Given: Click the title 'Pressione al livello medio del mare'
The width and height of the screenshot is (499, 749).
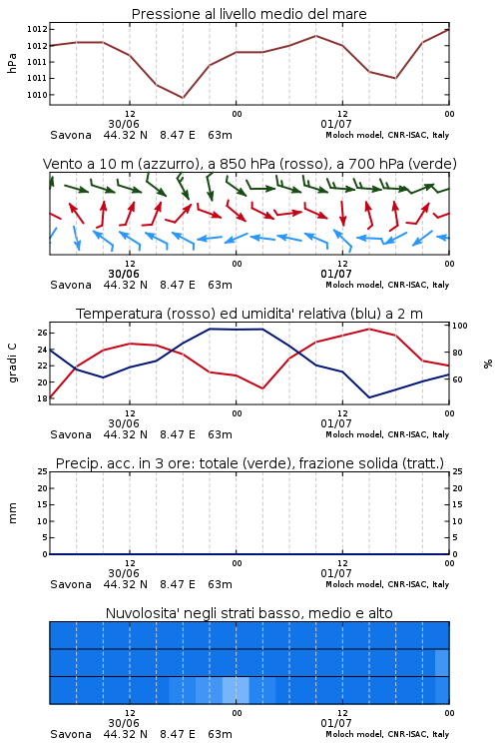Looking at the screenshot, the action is pos(249,14).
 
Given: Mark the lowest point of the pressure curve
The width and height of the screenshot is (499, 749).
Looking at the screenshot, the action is pos(183,98).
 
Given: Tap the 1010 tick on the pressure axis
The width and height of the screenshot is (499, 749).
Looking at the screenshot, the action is pos(37,95).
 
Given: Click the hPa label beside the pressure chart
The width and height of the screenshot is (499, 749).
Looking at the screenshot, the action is pos(12,63).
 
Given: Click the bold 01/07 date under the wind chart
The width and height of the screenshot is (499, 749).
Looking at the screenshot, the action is pos(336,274).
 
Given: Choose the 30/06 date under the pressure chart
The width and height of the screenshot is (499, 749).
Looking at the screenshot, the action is pos(124,124).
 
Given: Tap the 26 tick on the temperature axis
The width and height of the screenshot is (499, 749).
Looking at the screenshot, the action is pos(42,333).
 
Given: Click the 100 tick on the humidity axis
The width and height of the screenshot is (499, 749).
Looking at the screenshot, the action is pos(460,326).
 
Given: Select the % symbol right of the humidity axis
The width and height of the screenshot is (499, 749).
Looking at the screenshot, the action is pos(488,364).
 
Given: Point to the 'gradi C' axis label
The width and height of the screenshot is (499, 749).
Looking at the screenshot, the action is pos(12,364).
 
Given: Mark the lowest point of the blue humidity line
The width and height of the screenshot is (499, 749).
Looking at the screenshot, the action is pos(369,397).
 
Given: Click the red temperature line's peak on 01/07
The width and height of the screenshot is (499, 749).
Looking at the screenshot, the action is pos(369,329).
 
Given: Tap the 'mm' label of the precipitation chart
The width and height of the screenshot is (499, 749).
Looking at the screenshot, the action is pos(12,513).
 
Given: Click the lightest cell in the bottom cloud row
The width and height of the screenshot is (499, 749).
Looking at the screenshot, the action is pos(236,690).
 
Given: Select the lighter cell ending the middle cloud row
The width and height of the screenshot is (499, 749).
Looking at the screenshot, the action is pos(442,662).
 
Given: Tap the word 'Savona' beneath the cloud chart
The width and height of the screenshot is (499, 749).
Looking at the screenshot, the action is pos(71,734).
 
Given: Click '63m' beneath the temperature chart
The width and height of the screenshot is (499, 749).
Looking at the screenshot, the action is pos(221,434).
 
